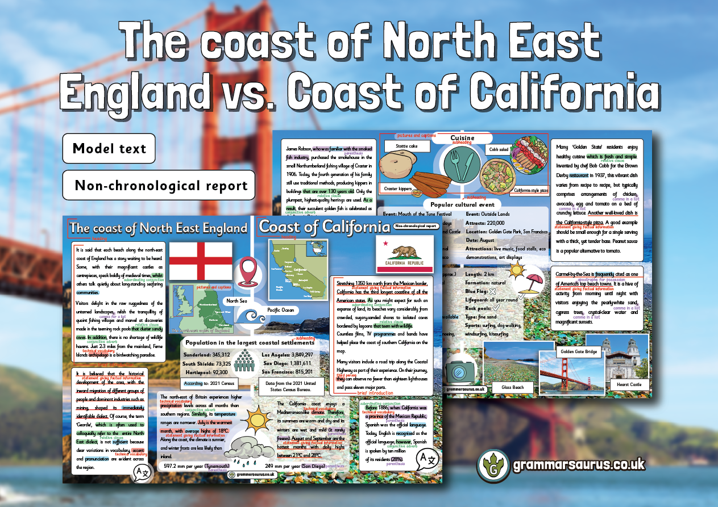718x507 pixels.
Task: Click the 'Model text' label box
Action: [109, 149]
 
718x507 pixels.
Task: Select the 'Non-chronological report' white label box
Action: [161, 185]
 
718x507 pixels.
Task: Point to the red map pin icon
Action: [248, 271]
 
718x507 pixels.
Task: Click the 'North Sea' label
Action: [238, 301]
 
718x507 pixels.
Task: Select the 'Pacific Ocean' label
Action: [280, 310]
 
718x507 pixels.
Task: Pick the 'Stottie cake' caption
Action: [405, 146]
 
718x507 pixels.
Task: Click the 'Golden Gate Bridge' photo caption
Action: [579, 351]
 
